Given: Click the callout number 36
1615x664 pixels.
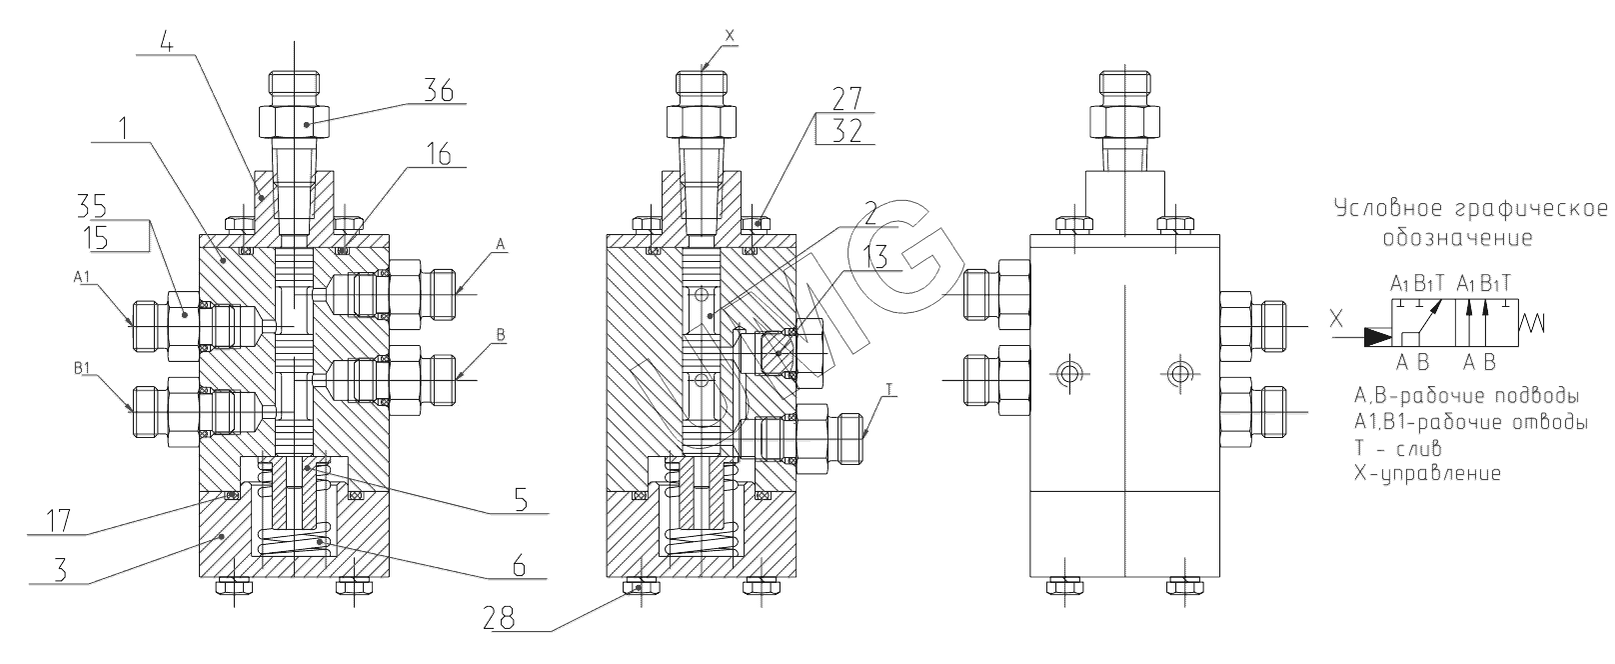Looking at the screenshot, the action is [439, 91].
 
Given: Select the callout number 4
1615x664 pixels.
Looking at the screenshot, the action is [167, 43].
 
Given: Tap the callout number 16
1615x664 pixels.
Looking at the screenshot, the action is [439, 154].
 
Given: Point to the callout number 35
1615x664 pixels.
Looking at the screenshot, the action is [92, 206].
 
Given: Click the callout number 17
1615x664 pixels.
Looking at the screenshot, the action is [58, 521].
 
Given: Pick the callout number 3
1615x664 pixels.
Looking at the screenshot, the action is [61, 570].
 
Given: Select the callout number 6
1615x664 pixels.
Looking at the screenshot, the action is [519, 566].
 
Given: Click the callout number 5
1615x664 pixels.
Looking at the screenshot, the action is [521, 499].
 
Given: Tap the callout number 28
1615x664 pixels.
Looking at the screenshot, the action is [499, 619].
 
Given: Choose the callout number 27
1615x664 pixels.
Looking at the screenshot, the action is [847, 99].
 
